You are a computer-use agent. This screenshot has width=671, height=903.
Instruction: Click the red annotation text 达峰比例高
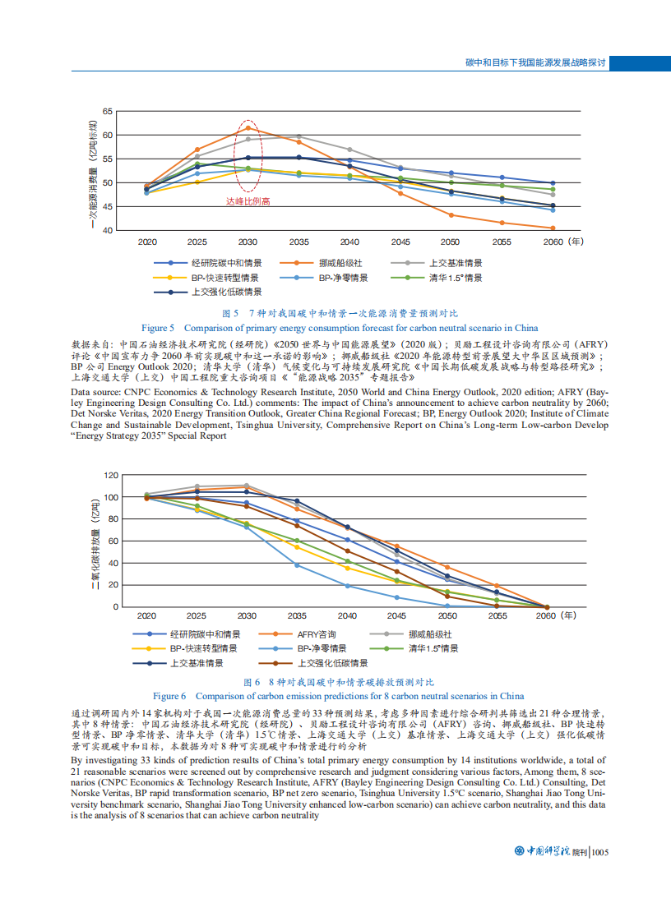[248, 200]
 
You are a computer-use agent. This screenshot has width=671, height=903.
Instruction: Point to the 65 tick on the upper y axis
[108, 111]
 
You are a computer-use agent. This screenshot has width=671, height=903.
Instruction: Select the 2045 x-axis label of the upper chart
[400, 242]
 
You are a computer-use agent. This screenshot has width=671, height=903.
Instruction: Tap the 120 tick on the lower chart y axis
[110, 476]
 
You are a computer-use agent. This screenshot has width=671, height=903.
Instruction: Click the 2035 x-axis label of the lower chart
[298, 615]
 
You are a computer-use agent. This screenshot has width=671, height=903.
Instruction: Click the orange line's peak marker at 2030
[248, 127]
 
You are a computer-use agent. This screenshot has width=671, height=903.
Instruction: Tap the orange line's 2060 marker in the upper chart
[552, 228]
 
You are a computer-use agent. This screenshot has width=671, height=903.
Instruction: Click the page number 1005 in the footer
[599, 852]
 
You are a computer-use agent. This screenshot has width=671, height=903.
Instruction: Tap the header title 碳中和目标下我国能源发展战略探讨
[535, 62]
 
